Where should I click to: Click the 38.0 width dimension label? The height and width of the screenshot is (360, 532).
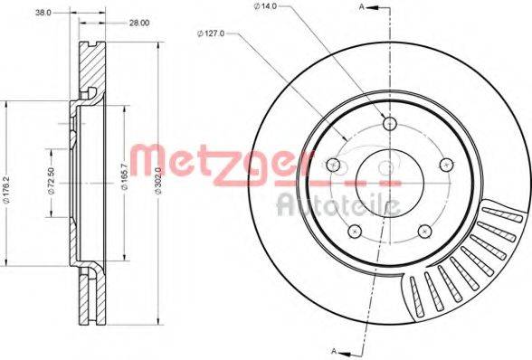click(43, 13)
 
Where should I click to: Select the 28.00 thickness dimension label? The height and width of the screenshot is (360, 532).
click(138, 23)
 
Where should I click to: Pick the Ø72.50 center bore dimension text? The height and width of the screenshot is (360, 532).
click(52, 182)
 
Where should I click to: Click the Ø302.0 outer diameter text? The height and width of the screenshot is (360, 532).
click(158, 181)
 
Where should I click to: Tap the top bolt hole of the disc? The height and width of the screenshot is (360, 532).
click(390, 123)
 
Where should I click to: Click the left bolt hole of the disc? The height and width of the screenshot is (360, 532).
click(333, 165)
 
